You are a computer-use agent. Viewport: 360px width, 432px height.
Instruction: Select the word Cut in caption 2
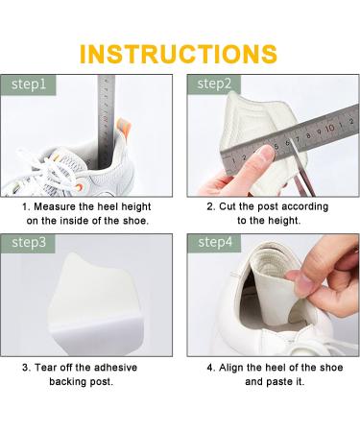pos(231,206)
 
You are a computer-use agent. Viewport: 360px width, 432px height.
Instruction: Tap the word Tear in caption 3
pos(48,366)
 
